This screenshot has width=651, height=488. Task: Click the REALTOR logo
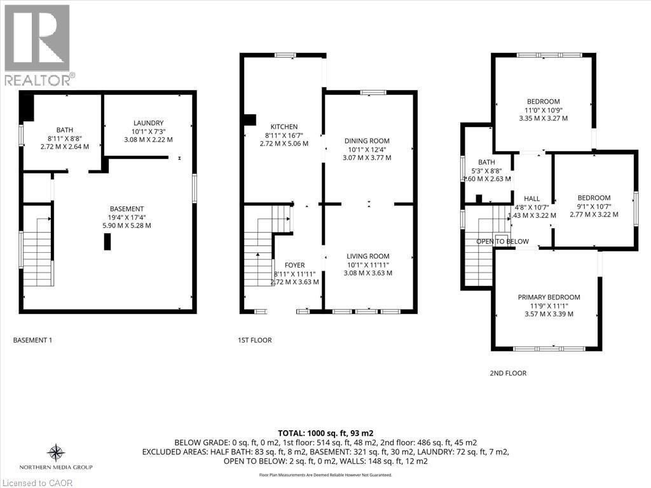[37, 44]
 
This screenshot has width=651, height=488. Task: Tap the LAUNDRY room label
[149, 123]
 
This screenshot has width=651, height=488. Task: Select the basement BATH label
[65, 130]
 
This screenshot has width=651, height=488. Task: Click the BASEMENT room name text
[127, 208]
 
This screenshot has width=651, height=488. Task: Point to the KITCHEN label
[284, 126]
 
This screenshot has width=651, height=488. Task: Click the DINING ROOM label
[367, 140]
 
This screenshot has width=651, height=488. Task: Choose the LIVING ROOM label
[367, 256]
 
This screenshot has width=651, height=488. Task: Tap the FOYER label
[294, 265]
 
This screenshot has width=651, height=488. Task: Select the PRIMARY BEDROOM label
[549, 297]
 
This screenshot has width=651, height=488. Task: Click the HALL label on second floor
[532, 198]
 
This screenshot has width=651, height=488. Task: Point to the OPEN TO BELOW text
[502, 241]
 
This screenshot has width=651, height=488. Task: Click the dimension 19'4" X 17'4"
[127, 217]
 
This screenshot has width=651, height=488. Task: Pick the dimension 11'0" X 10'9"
[543, 110]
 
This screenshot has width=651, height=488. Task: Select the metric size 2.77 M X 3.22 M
[594, 215]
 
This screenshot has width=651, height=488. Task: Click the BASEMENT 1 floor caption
[32, 340]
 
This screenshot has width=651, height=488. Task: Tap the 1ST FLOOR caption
[254, 340]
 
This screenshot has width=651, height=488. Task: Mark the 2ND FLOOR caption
[508, 373]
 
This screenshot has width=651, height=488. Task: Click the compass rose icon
[56, 452]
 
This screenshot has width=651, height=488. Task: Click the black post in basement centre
[107, 241]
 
